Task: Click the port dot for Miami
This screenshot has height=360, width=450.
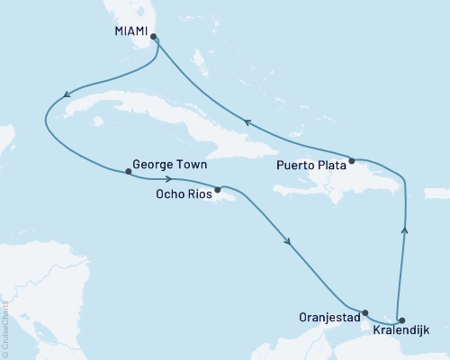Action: coord(154,37)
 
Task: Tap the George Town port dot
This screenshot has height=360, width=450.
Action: coord(128,172)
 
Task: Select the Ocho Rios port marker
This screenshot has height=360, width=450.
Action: coord(218,190)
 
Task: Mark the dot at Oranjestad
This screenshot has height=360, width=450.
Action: coord(364,312)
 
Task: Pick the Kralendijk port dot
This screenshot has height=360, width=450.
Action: coord(401,320)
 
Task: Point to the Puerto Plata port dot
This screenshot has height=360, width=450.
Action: coord(352,161)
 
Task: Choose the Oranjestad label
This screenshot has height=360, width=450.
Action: coord(330,317)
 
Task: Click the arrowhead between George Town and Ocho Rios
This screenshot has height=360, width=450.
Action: coord(169,178)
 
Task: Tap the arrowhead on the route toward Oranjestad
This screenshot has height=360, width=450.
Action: coord(288,241)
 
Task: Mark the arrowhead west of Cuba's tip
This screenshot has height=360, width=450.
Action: coord(64,94)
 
